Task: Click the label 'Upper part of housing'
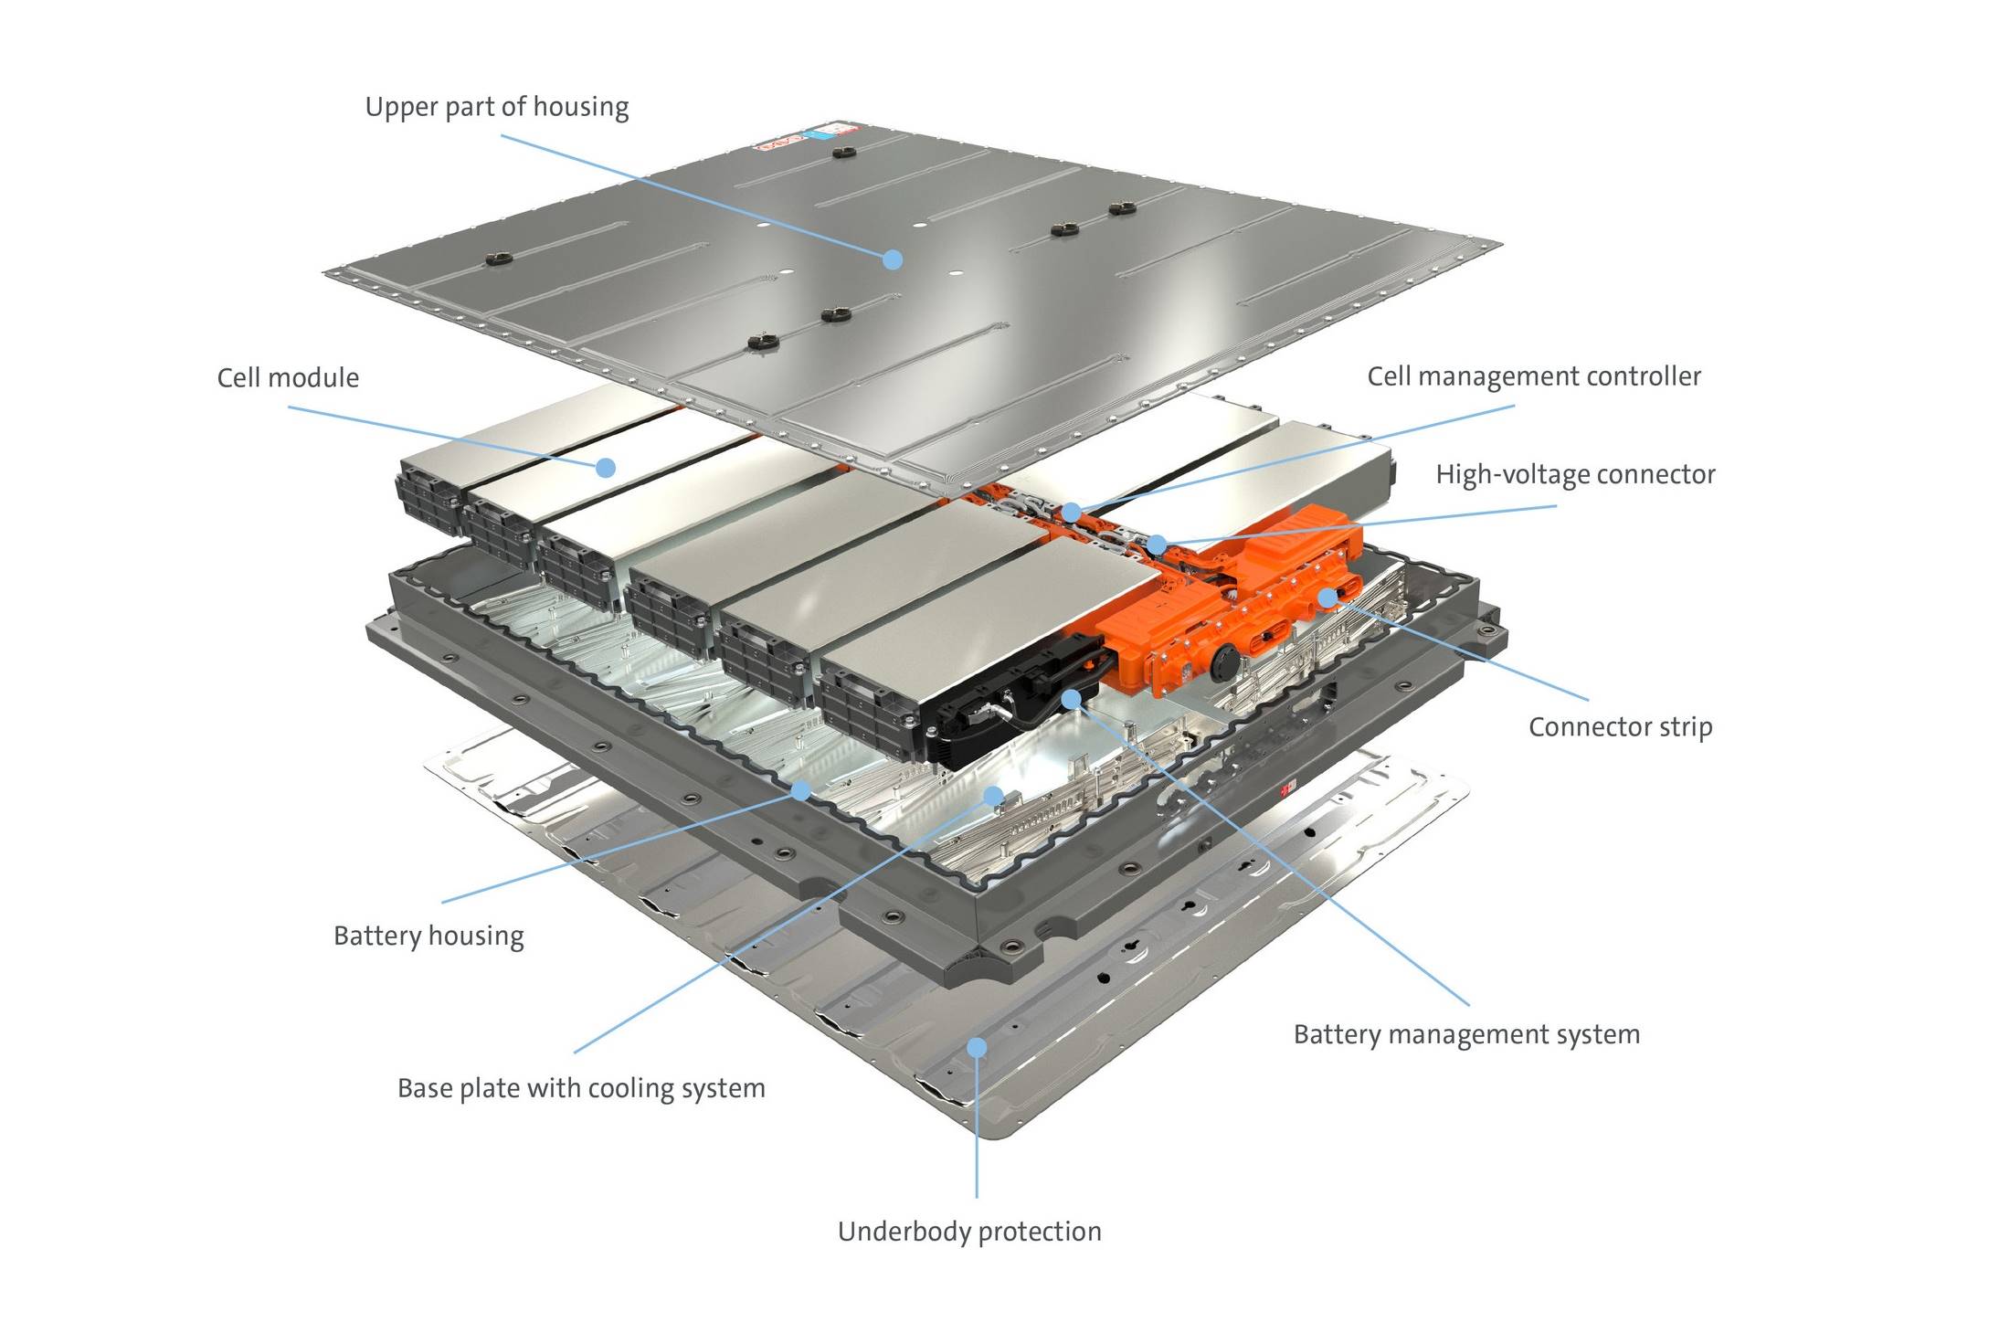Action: click(x=497, y=108)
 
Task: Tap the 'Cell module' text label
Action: click(x=288, y=378)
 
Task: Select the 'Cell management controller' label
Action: click(x=1534, y=376)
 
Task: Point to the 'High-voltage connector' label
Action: click(x=1575, y=475)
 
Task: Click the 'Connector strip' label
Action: click(x=1620, y=727)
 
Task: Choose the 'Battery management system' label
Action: click(x=1466, y=1034)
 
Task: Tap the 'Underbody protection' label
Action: click(x=969, y=1232)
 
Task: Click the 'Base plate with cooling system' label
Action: click(x=581, y=1088)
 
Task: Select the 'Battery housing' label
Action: click(x=428, y=936)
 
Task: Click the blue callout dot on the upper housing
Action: click(x=893, y=259)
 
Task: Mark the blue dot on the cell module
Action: click(x=605, y=468)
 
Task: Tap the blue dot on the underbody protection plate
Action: click(x=977, y=1047)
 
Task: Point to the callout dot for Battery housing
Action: click(x=800, y=790)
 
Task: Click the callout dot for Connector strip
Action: click(x=1327, y=598)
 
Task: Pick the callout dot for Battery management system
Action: click(x=1072, y=700)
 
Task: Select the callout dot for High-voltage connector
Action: click(x=1157, y=545)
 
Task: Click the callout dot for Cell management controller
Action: click(x=1071, y=513)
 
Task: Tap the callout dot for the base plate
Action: click(x=993, y=796)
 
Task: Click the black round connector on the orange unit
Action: click(x=1225, y=660)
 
